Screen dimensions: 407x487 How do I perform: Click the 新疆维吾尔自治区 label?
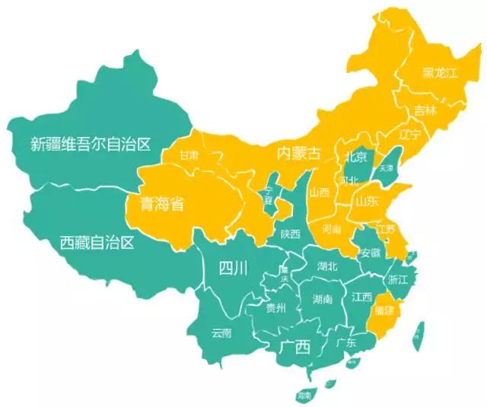(91, 142)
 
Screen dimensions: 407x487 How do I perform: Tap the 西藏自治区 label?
(97, 243)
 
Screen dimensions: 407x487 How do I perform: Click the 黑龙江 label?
(441, 74)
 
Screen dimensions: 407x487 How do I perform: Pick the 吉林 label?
(425, 111)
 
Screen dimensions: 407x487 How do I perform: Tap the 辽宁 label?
(409, 135)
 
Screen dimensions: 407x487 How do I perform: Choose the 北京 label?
(355, 157)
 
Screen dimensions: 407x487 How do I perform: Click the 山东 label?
(366, 202)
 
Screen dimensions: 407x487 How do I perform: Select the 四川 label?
(234, 267)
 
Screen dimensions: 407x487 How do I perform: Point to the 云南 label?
(221, 332)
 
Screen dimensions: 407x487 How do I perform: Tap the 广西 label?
(294, 348)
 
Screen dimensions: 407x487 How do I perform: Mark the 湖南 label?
(322, 300)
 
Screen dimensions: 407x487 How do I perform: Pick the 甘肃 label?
(189, 155)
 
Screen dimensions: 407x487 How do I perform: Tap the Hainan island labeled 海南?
(304, 396)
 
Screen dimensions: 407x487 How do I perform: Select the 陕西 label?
(290, 234)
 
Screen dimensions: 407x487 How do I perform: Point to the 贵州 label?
(275, 309)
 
